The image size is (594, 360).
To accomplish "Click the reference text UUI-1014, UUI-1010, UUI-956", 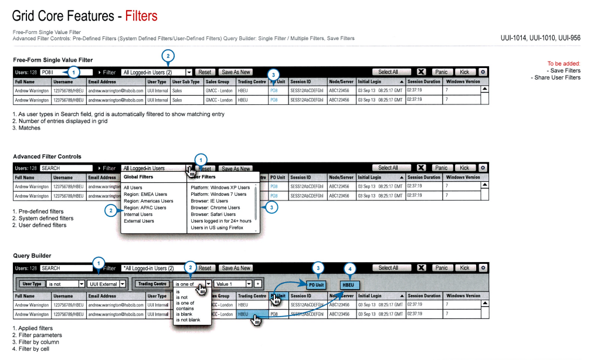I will pos(540,38).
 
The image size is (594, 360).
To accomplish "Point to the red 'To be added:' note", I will pos(564,63).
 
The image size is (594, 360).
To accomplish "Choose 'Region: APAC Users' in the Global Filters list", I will pos(145,208).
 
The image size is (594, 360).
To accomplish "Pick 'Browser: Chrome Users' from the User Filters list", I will pos(215,208).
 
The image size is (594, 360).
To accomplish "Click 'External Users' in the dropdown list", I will pos(139,221).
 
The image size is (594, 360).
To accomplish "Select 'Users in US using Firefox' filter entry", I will pos(217,227).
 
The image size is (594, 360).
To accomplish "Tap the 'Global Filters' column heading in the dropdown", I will pos(138,176).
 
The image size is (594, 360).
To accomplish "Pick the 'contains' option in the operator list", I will pos(185,308).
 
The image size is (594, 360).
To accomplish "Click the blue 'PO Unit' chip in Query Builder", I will pos(316,284).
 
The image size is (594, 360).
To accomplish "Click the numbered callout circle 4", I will pos(351,270).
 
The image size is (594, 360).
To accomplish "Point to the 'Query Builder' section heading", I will pos(32,256).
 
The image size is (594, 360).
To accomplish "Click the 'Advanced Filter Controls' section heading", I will pos(47,157).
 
